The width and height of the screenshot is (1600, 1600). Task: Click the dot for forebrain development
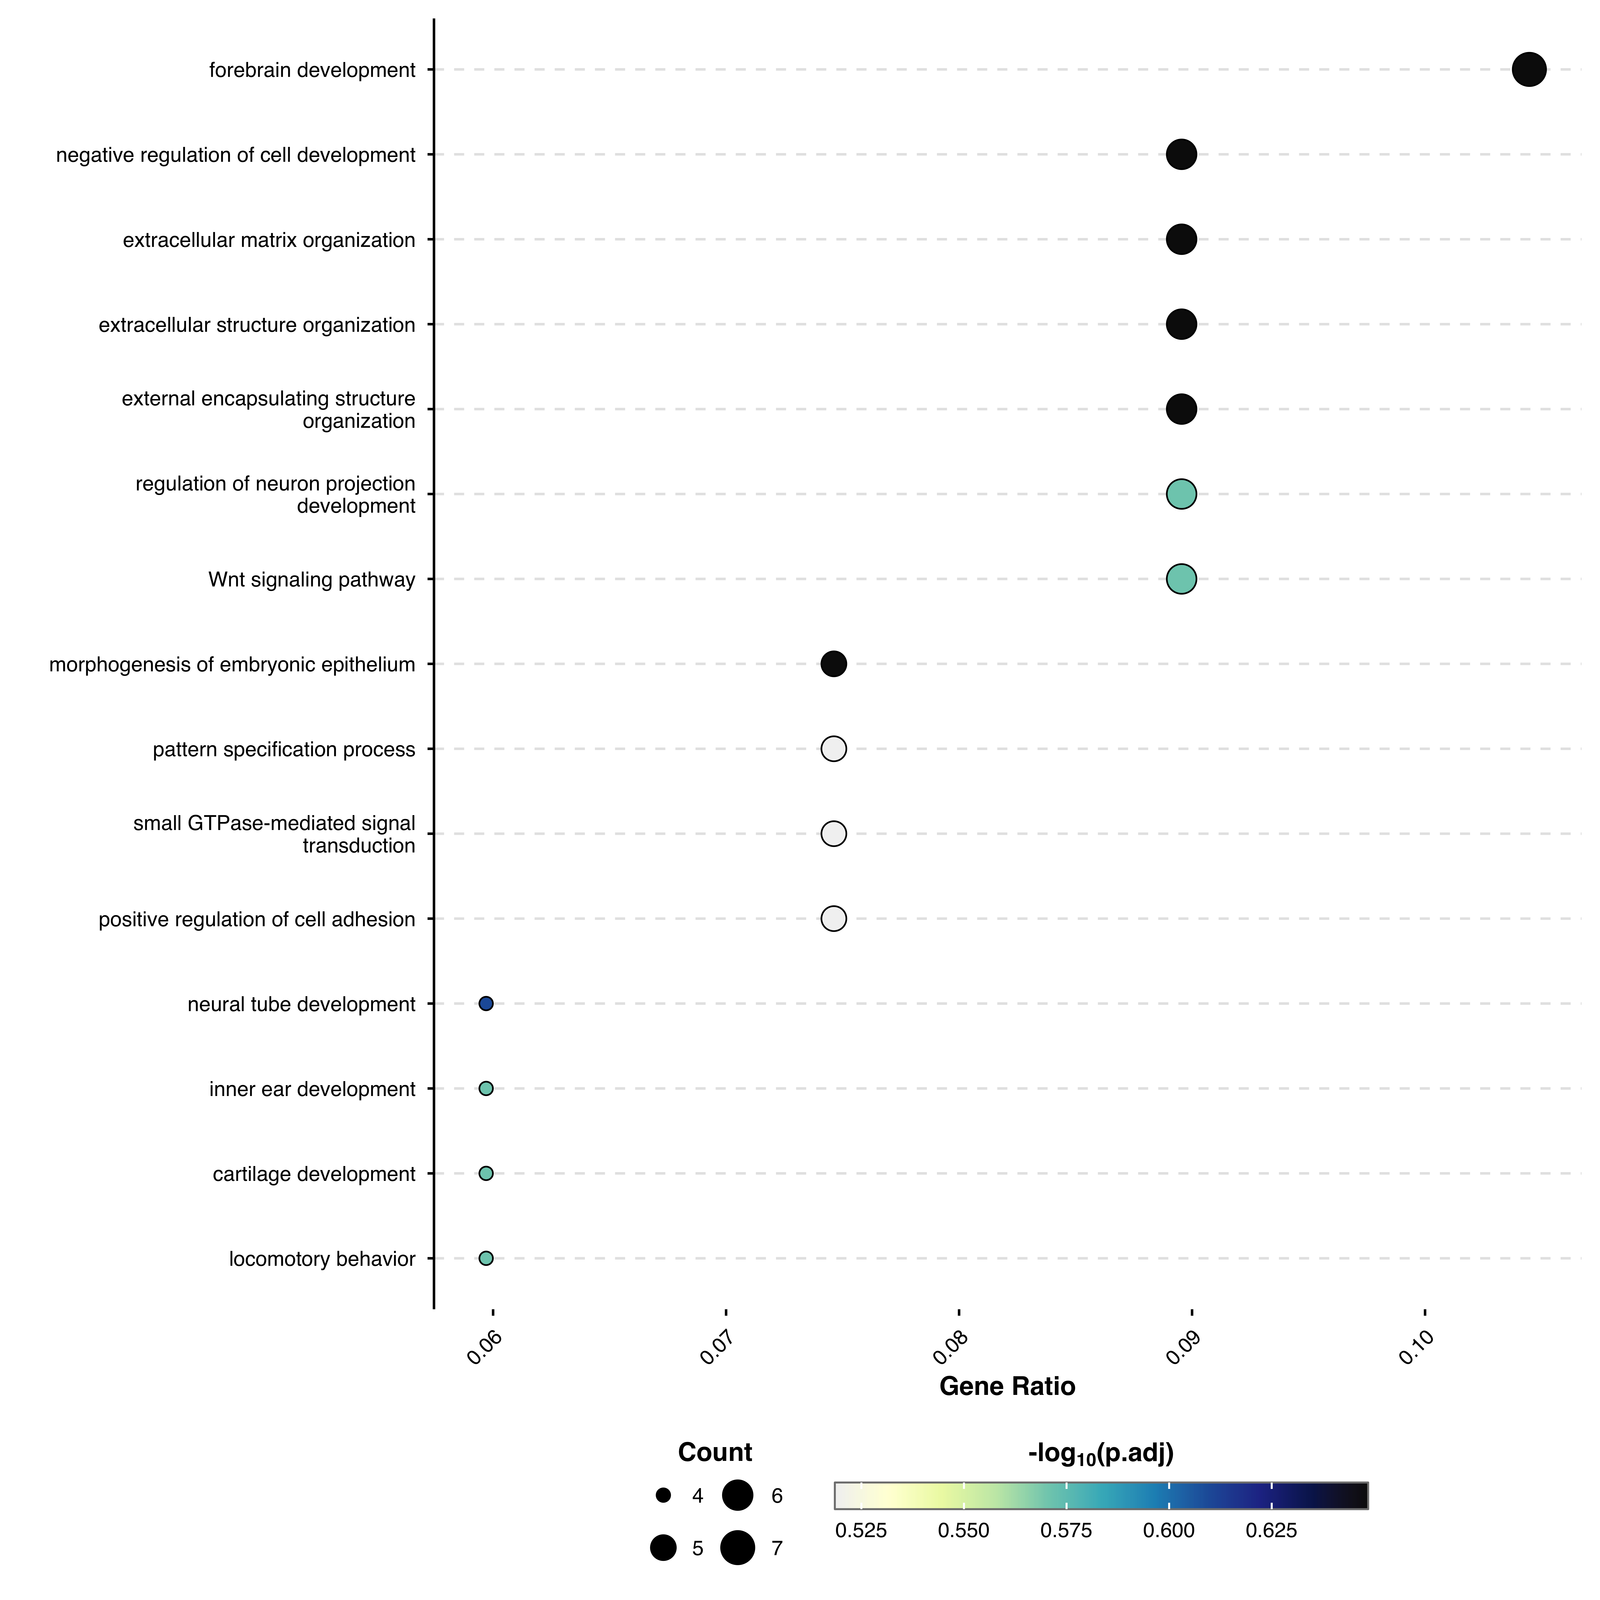point(1529,70)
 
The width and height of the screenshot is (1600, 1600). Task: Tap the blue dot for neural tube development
point(486,1004)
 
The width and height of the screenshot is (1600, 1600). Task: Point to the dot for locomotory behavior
point(486,1258)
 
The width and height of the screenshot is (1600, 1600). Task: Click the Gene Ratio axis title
point(1007,1386)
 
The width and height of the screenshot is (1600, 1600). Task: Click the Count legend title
point(715,1452)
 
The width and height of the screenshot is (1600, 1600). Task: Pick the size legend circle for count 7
point(737,1547)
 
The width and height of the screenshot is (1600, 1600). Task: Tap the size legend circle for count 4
point(662,1495)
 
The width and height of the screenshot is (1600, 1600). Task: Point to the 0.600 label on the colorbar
point(1168,1530)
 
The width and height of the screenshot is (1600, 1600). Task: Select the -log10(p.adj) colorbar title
point(1101,1453)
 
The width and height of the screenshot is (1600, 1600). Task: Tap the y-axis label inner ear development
point(312,1089)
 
